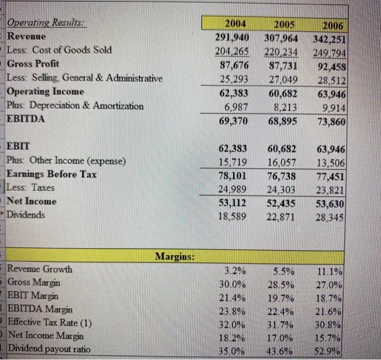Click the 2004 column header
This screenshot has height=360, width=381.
pyautogui.click(x=235, y=24)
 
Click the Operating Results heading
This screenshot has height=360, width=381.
pyautogui.click(x=48, y=24)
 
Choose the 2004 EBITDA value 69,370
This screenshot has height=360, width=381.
pyautogui.click(x=232, y=119)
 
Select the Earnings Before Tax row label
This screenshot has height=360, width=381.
pyautogui.click(x=52, y=174)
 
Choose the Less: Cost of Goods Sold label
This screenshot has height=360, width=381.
pyautogui.click(x=59, y=50)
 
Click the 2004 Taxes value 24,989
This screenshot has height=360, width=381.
pyautogui.click(x=233, y=188)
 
